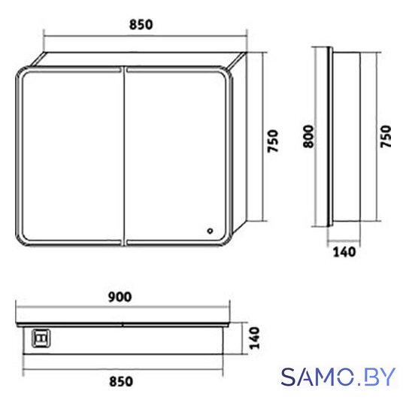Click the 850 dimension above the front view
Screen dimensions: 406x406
[141, 25]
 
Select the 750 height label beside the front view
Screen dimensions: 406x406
[273, 141]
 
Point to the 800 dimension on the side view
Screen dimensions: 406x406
[308, 136]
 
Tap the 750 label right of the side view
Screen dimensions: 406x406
[386, 136]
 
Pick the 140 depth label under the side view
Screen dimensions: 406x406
[344, 252]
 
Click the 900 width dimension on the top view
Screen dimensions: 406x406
[120, 297]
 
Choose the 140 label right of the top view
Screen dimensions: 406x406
[254, 338]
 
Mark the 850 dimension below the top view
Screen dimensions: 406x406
[121, 382]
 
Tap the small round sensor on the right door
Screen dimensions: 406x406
[210, 231]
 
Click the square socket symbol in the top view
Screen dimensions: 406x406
[41, 338]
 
